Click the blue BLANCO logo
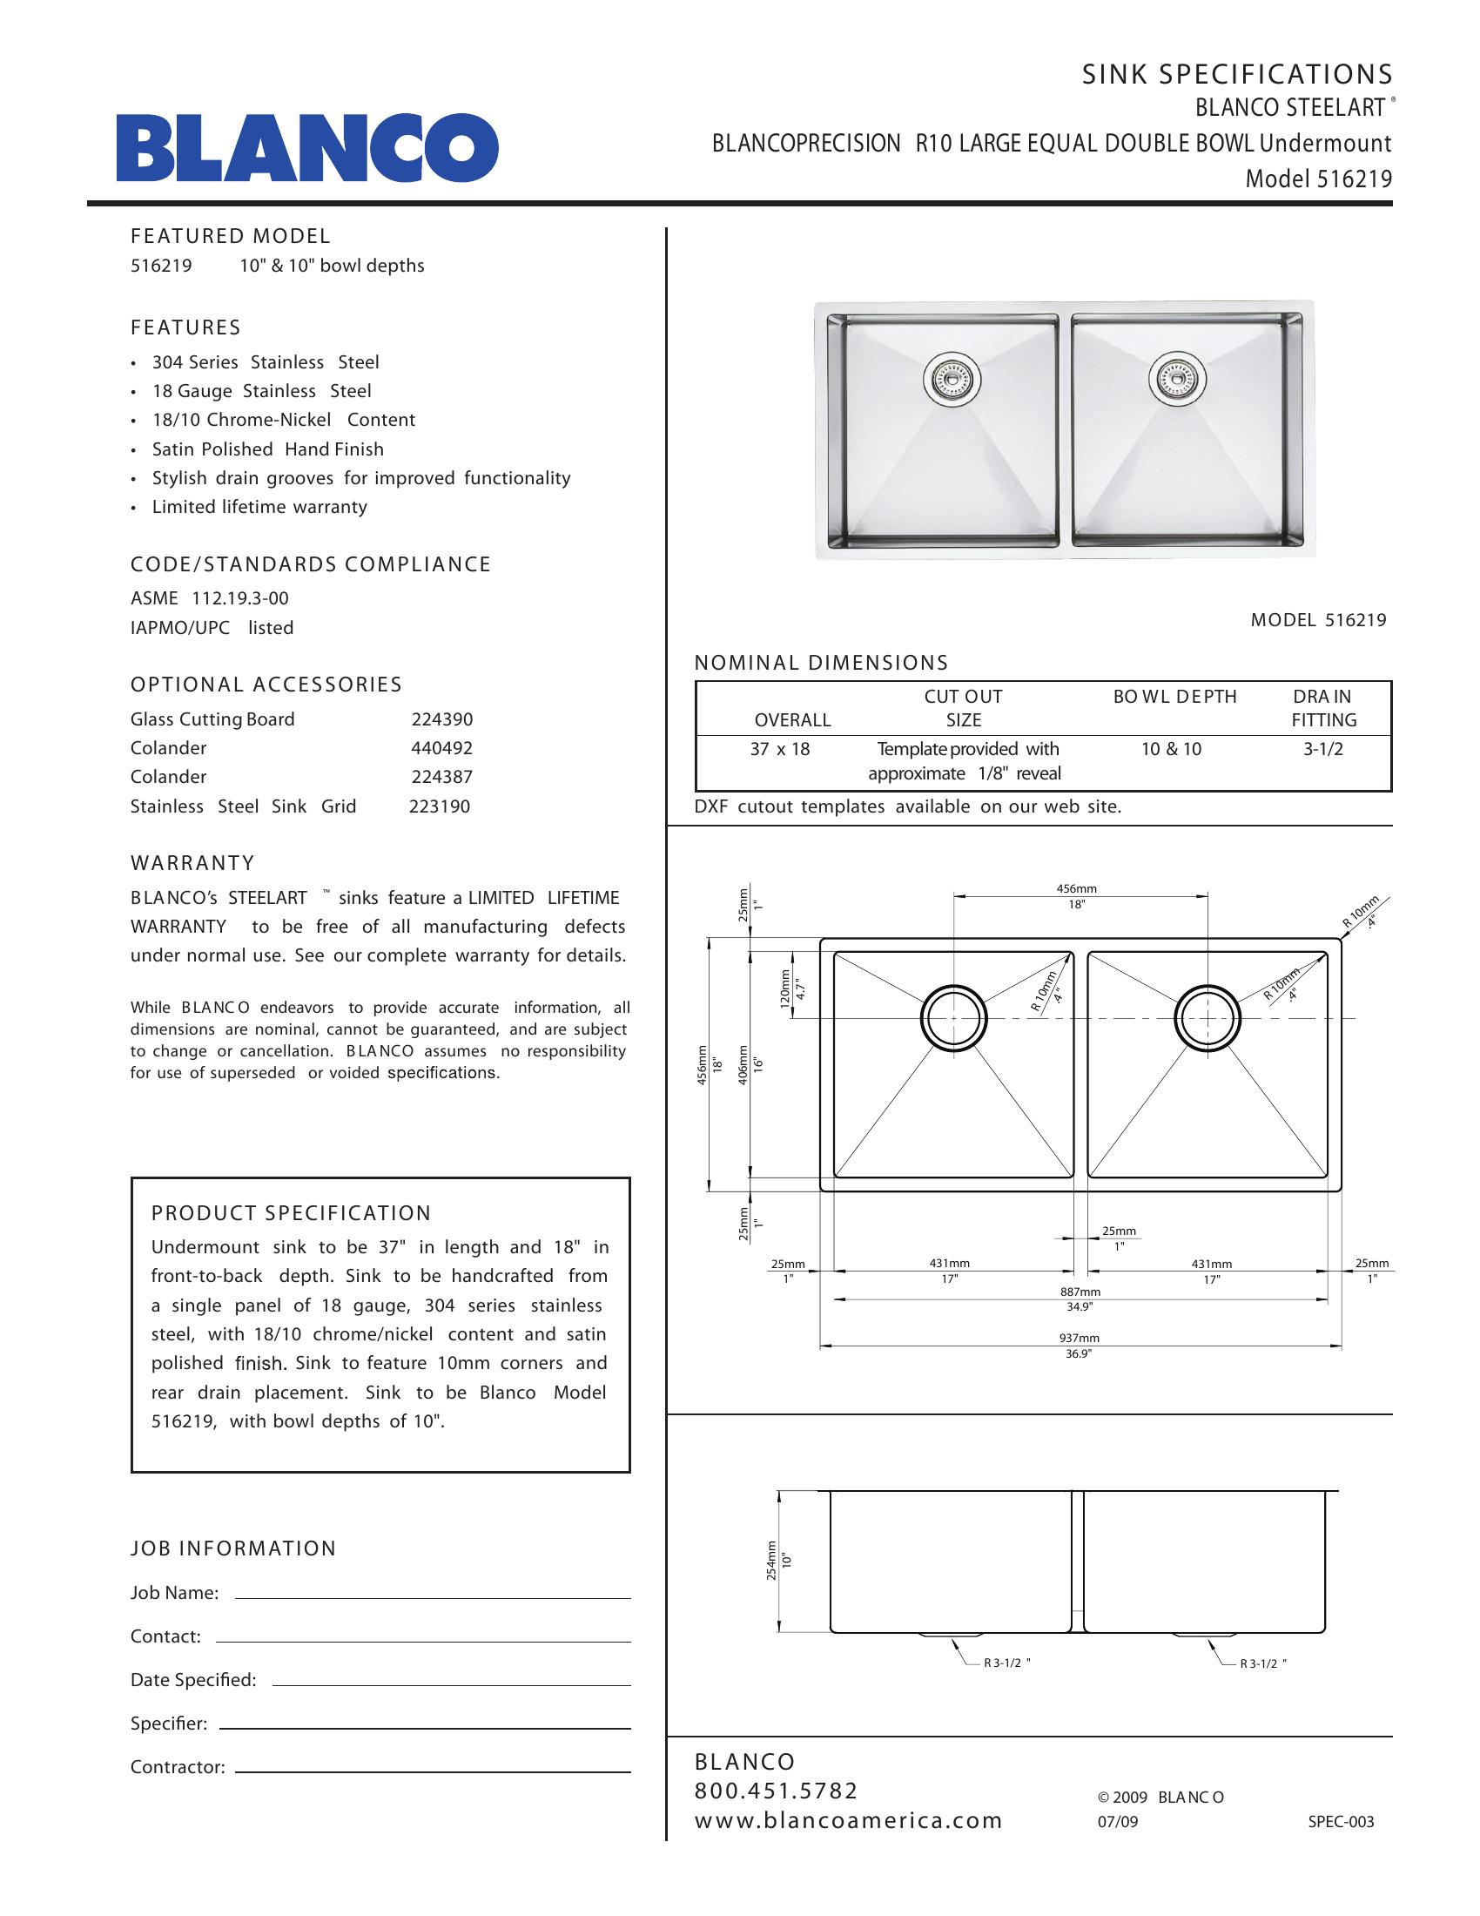coord(307,147)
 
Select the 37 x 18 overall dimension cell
coord(779,749)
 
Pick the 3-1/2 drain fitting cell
coord(1322,749)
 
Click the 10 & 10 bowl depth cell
coord(1171,749)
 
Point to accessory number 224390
coord(442,719)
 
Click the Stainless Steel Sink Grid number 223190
coord(440,806)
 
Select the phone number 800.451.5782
coord(776,1791)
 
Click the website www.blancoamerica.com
coord(848,1820)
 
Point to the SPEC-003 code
coord(1341,1822)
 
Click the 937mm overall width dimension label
coord(1079,1338)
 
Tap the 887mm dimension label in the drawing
coord(1080,1292)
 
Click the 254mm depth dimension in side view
coord(771,1560)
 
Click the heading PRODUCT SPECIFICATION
coord(291,1213)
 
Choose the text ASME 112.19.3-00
coord(210,598)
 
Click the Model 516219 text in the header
coord(1319,179)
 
